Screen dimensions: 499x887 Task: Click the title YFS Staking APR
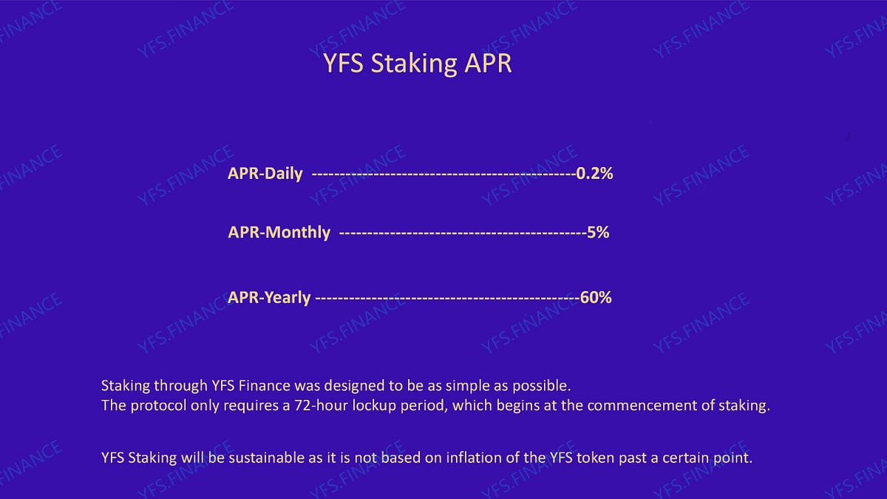[418, 64]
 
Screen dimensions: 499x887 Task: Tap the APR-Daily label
[265, 174]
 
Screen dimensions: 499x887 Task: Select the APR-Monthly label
[279, 232]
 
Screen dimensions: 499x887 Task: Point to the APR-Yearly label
[269, 297]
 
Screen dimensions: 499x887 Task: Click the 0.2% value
[595, 174]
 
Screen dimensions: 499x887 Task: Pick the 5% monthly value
[598, 232]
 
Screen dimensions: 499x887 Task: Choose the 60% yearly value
[596, 297]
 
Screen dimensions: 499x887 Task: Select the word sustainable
[251, 458]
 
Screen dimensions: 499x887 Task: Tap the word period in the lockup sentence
[415, 406]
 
